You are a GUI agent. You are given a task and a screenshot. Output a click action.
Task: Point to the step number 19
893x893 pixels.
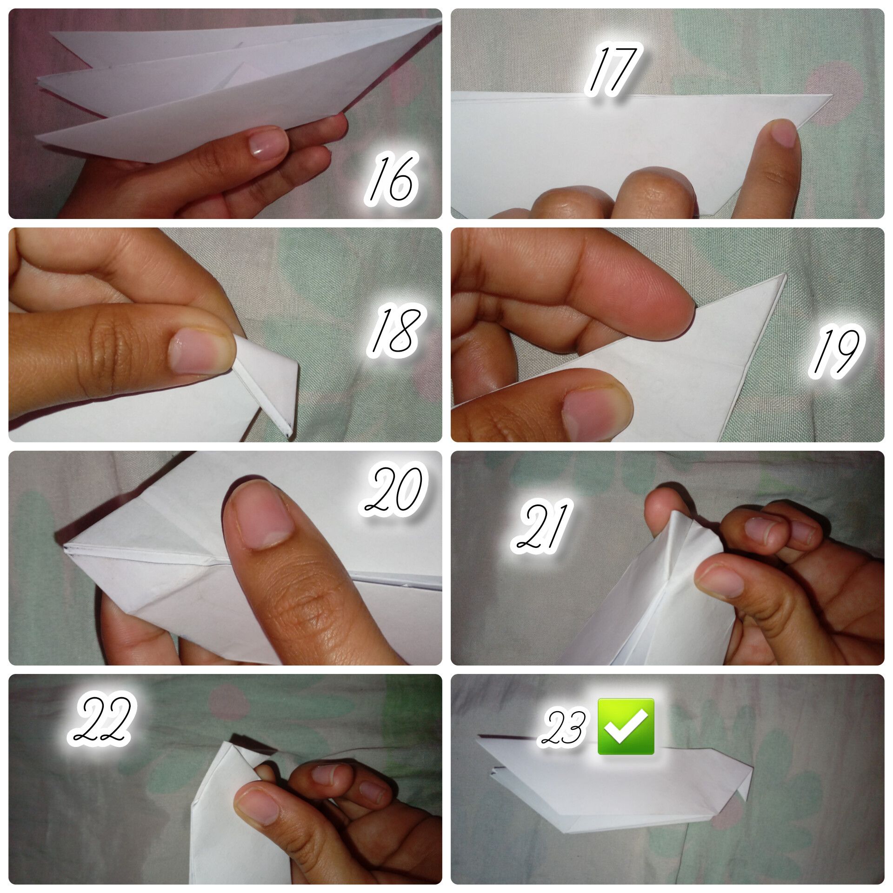836,352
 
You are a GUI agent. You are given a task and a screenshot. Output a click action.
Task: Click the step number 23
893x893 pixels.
563,728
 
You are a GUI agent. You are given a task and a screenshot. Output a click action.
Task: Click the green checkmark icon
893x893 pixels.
626,726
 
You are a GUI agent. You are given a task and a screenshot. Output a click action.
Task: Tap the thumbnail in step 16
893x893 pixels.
266,144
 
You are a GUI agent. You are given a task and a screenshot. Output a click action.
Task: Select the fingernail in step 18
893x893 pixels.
199,349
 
